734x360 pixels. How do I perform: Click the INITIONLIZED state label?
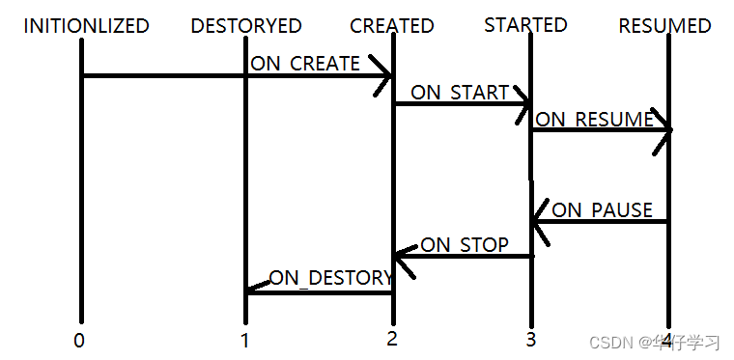pos(86,26)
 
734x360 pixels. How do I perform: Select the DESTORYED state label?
pos(246,26)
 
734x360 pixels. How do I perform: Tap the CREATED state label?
pos(392,26)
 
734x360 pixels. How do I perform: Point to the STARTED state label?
pos(525,24)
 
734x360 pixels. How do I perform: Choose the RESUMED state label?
pos(664,26)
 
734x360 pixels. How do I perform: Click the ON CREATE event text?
pos(305,64)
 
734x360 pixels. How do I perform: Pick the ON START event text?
pos(460,93)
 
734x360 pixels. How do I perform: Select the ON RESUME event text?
pos(594,120)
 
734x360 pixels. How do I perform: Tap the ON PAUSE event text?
pos(602,209)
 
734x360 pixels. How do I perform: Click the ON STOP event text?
pos(464,245)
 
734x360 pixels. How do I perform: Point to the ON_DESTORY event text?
pos(330,278)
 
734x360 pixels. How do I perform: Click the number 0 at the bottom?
pos(79,340)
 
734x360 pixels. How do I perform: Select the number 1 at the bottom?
pos(245,340)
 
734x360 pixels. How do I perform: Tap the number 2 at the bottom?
pos(391,339)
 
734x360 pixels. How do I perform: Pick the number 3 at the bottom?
pos(530,340)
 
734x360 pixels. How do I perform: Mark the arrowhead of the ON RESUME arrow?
pos(664,130)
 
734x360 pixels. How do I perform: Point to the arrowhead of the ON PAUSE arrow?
pos(538,222)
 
